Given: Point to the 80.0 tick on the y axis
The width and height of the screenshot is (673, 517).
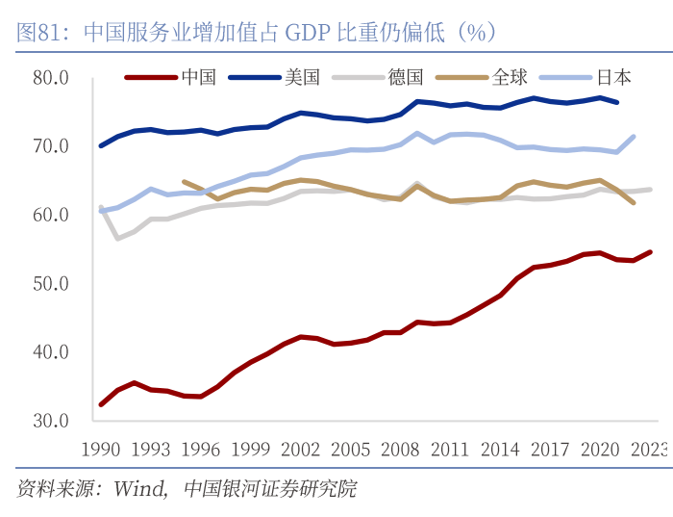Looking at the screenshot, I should tap(51, 77).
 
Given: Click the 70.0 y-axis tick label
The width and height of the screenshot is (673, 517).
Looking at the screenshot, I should tap(51, 146).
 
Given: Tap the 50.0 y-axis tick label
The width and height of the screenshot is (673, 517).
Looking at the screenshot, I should tap(51, 284).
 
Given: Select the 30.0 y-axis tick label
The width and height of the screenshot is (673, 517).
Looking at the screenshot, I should tap(51, 421).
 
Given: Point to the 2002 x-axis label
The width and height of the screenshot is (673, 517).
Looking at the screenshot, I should tap(301, 449).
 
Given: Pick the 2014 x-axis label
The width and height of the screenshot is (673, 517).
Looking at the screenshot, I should tap(500, 449).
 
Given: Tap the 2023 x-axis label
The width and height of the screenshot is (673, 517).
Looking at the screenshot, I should tap(649, 449).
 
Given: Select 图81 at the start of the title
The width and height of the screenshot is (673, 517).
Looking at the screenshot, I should tap(38, 33).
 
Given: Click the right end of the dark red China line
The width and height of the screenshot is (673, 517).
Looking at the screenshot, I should tap(651, 252).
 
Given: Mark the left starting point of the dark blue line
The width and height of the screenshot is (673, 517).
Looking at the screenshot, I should tap(101, 145).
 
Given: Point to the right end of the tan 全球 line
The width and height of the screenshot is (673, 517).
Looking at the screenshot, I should tap(634, 203).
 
